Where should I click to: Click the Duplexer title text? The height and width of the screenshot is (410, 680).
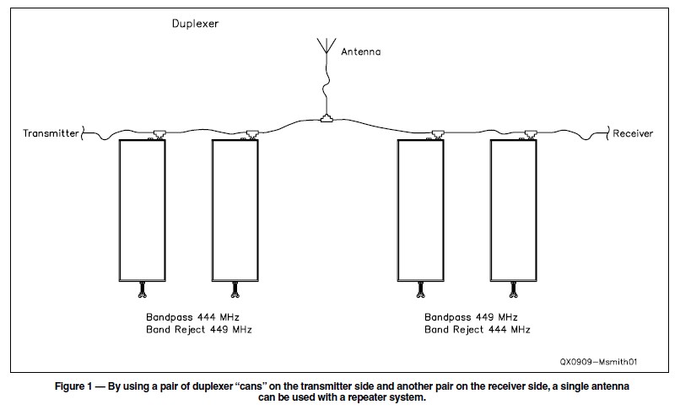196,24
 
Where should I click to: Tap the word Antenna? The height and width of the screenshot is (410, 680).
361,51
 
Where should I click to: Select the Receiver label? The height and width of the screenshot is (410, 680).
633,133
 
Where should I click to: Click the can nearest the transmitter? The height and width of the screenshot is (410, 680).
143,209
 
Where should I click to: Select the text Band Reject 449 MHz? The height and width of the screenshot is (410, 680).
198,330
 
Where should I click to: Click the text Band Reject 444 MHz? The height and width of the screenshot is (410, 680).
478,330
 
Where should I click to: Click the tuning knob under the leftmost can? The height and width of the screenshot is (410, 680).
143,292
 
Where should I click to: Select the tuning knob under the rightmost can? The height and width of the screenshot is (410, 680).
513,292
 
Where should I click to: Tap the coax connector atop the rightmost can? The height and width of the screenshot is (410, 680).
528,133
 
